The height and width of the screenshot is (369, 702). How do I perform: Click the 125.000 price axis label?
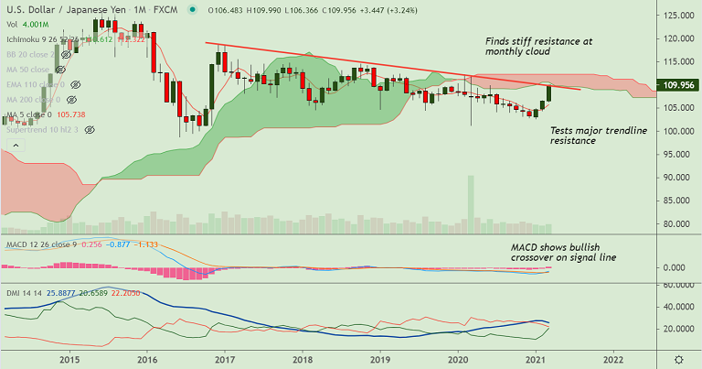pos(677,16)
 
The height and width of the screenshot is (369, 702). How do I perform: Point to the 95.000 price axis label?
pos(677,154)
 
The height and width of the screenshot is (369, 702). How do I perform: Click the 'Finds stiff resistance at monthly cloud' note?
pos(537,49)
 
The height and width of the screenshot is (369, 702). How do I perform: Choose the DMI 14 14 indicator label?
pos(22,290)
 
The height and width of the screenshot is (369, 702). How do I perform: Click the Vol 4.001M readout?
pos(26,25)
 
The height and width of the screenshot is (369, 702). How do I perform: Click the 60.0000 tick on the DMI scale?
pos(677,285)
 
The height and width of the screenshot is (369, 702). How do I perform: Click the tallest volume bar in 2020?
pos(471,202)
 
